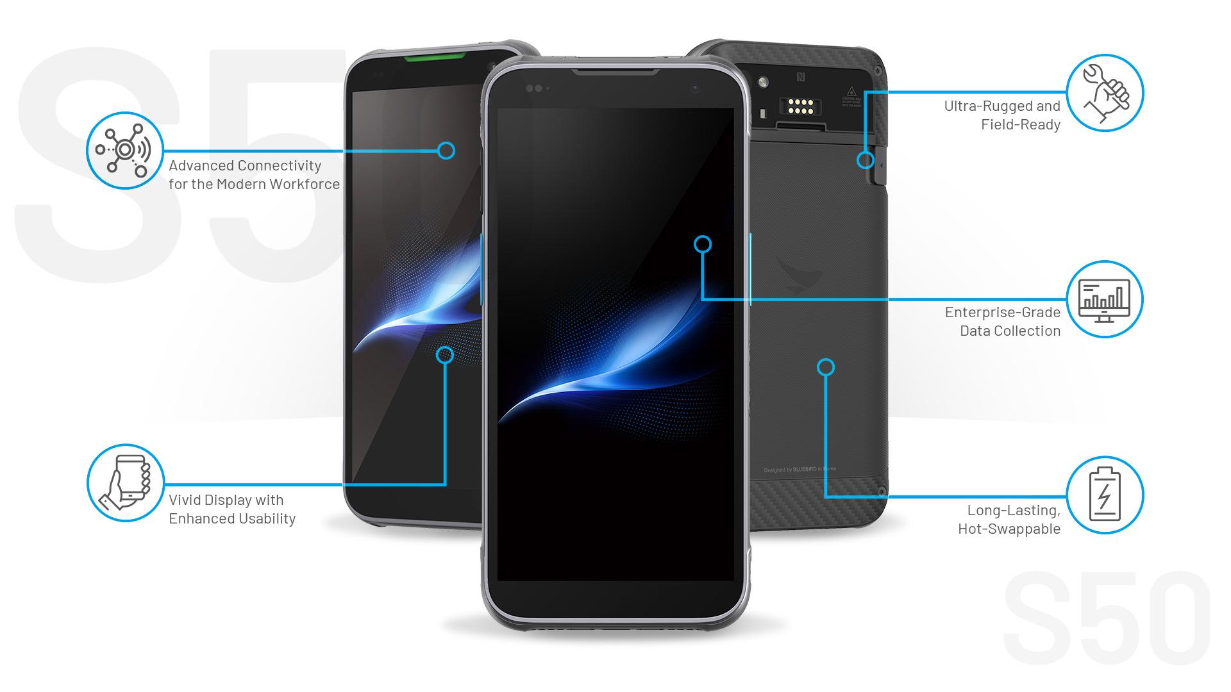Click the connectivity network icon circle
click(x=125, y=151)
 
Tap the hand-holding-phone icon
click(x=126, y=483)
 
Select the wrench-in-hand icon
click(x=1105, y=93)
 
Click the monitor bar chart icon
click(x=1105, y=299)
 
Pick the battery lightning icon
click(x=1105, y=495)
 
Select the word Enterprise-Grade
click(x=1002, y=313)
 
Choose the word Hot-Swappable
click(x=1009, y=529)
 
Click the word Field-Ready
click(x=1020, y=125)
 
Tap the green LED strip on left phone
click(x=434, y=58)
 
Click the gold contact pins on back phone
click(x=800, y=106)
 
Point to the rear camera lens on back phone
click(x=763, y=82)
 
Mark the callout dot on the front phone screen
click(x=703, y=244)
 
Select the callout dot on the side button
click(x=865, y=160)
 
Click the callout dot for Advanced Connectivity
click(x=446, y=151)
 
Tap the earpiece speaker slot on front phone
click(x=615, y=72)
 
